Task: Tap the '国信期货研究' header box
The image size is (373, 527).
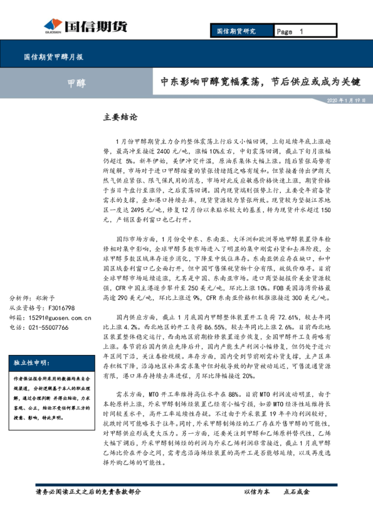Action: coord(236,31)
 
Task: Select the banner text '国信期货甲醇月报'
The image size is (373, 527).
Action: coord(54,57)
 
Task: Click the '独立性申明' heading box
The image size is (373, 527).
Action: coord(31,362)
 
